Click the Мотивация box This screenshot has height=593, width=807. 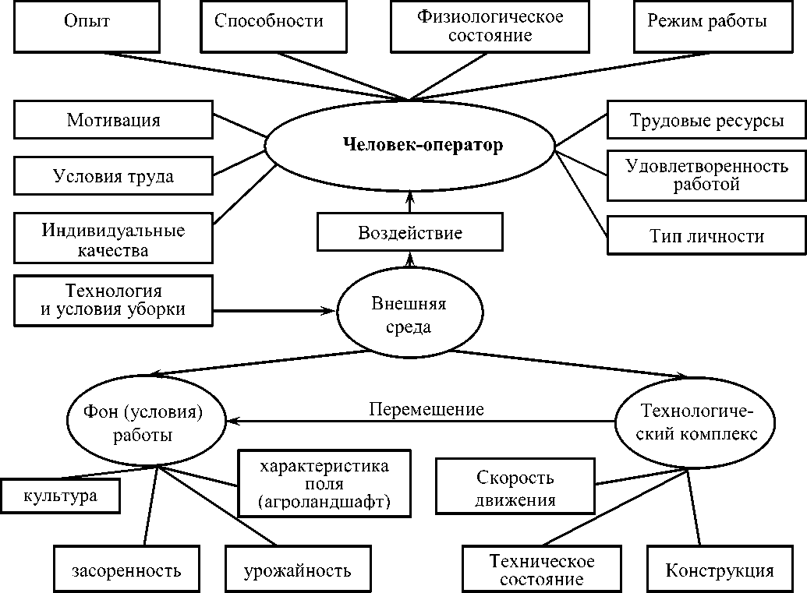pos(113,120)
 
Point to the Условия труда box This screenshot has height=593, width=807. pos(113,176)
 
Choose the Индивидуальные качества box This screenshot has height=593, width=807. pos(113,240)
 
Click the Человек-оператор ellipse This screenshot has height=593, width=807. pos(410,145)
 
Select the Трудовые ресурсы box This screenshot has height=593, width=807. pos(706,121)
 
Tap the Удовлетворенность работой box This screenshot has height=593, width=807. pos(706,175)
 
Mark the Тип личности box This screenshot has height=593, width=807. pos(706,235)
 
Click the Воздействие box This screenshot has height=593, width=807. pos(410,233)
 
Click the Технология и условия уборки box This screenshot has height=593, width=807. pos(113,300)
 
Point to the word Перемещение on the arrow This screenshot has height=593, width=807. pos(427,409)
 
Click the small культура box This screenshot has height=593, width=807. pos(61,496)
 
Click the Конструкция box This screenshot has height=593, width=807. pos(719,570)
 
